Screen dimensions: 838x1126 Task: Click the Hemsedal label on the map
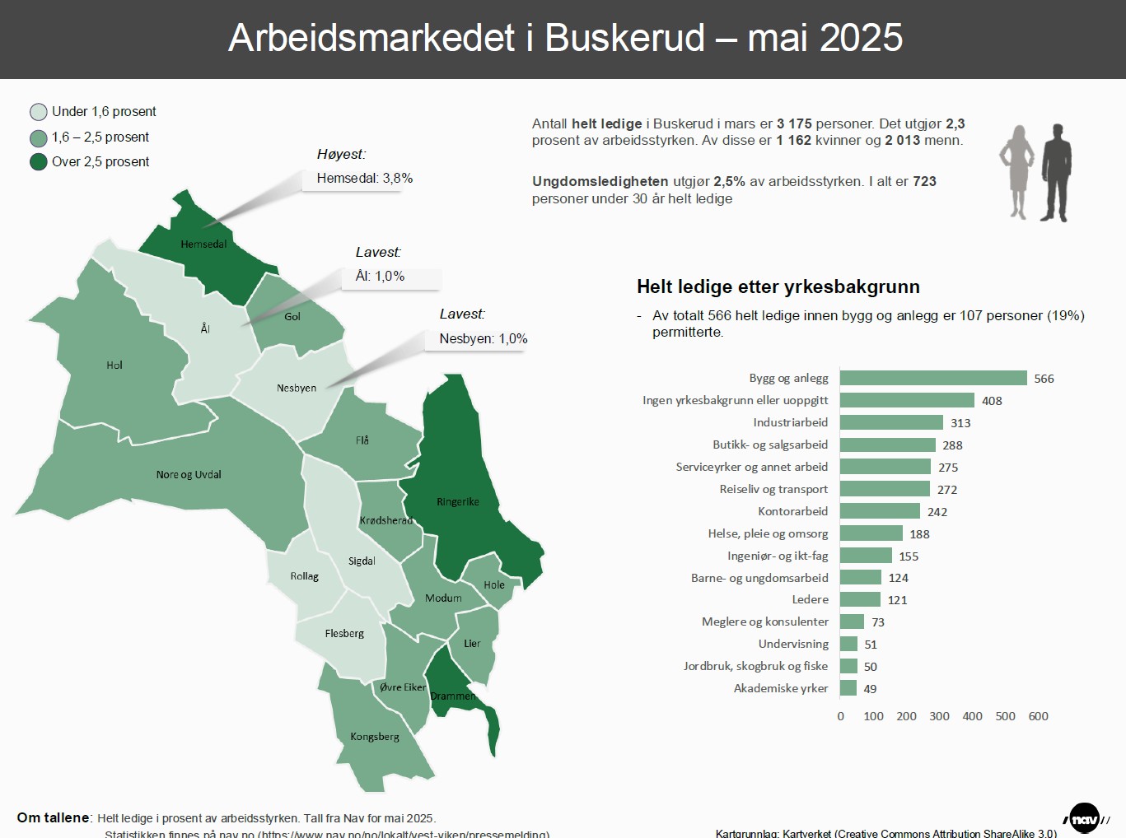tap(203, 244)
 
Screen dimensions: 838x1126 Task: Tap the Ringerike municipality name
tap(457, 501)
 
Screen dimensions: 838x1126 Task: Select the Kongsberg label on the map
tap(375, 737)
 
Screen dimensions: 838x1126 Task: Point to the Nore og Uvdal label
tap(189, 474)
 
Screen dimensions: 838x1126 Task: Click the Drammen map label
tap(453, 696)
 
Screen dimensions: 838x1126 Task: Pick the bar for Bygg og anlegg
tap(933, 378)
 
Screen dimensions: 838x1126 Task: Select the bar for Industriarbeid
tap(891, 422)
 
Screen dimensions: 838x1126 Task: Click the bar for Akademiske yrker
tap(848, 688)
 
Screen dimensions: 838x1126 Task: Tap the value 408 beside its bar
tap(992, 401)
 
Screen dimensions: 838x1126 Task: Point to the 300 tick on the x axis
tap(939, 716)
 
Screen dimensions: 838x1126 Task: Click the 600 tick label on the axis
tap(1038, 716)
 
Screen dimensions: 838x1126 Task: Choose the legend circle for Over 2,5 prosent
tap(39, 162)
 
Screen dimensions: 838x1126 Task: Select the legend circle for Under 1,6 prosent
tap(39, 112)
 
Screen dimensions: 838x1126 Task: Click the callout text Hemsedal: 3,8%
tap(365, 179)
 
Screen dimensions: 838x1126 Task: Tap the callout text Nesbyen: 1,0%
tap(484, 339)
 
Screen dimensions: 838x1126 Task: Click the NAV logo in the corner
tap(1085, 818)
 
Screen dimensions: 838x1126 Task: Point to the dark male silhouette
tap(1056, 173)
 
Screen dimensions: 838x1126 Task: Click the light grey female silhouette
tap(1017, 173)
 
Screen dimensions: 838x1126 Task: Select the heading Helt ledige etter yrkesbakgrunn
tap(778, 286)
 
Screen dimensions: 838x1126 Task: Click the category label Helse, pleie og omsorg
tap(768, 533)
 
